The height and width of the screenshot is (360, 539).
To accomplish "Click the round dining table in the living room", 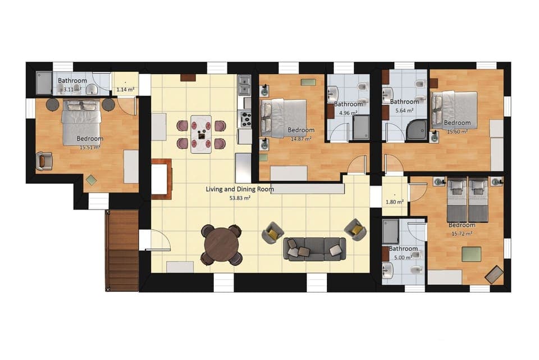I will click(x=222, y=244).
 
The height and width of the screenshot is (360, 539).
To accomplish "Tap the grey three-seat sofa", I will click(x=314, y=249).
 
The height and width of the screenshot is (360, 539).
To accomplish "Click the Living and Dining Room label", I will click(x=240, y=189).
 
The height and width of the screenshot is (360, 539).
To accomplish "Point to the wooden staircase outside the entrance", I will click(x=122, y=250).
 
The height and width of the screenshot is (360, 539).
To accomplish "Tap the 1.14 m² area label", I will click(x=125, y=89).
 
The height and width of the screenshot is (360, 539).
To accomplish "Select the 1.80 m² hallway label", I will click(x=395, y=202).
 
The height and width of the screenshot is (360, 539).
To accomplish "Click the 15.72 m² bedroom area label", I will click(x=462, y=233).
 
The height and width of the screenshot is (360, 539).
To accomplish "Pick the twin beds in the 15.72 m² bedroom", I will click(x=467, y=200).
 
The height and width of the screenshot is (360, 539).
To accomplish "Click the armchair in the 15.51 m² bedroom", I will click(x=44, y=161).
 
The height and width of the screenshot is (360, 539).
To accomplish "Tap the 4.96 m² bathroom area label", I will click(x=348, y=112).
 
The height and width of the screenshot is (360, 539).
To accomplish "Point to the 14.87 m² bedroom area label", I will click(x=301, y=139).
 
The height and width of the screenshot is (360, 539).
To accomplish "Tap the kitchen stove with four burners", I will click(x=245, y=119).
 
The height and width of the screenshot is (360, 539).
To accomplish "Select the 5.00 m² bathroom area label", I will click(x=403, y=257).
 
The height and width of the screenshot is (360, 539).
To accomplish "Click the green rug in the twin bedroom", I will click(x=471, y=254).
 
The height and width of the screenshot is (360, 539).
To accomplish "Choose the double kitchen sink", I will click(x=244, y=86).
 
